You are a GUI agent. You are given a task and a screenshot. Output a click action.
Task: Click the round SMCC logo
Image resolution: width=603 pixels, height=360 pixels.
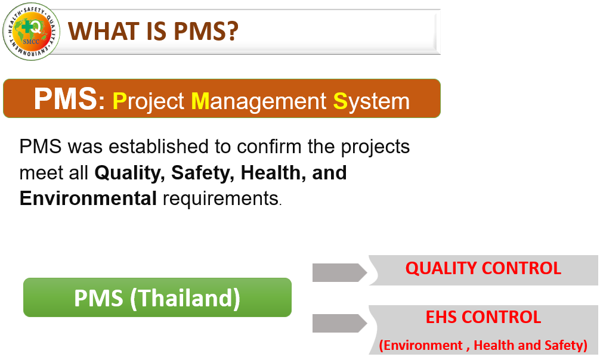pyautogui.click(x=31, y=32)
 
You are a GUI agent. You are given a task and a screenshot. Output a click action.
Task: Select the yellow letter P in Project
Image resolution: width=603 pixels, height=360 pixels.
pyautogui.click(x=120, y=101)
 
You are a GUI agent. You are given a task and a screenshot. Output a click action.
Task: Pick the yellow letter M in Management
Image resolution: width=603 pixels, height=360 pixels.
pyautogui.click(x=200, y=101)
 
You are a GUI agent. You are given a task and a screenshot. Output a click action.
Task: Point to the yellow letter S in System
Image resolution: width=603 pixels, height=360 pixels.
pyautogui.click(x=340, y=101)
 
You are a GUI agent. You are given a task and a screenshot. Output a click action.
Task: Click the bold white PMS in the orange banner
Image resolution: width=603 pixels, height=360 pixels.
pyautogui.click(x=66, y=99)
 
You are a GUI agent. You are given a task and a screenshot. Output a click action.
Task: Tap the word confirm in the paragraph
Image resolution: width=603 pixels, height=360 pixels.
pyautogui.click(x=269, y=147)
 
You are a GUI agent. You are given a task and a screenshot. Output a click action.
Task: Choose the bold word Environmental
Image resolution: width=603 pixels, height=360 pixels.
pyautogui.click(x=88, y=198)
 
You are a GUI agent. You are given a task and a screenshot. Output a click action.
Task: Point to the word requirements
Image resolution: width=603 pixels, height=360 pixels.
pyautogui.click(x=221, y=199)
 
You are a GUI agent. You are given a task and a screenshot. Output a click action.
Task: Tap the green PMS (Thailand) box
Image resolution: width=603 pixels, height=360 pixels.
pyautogui.click(x=157, y=297)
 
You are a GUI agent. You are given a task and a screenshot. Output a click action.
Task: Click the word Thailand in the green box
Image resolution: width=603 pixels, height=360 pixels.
pyautogui.click(x=185, y=298)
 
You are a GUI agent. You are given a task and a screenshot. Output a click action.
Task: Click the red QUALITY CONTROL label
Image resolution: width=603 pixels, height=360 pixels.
pyautogui.click(x=483, y=268)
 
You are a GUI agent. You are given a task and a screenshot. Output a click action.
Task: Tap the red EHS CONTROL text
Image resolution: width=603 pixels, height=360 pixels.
pyautogui.click(x=483, y=317)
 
